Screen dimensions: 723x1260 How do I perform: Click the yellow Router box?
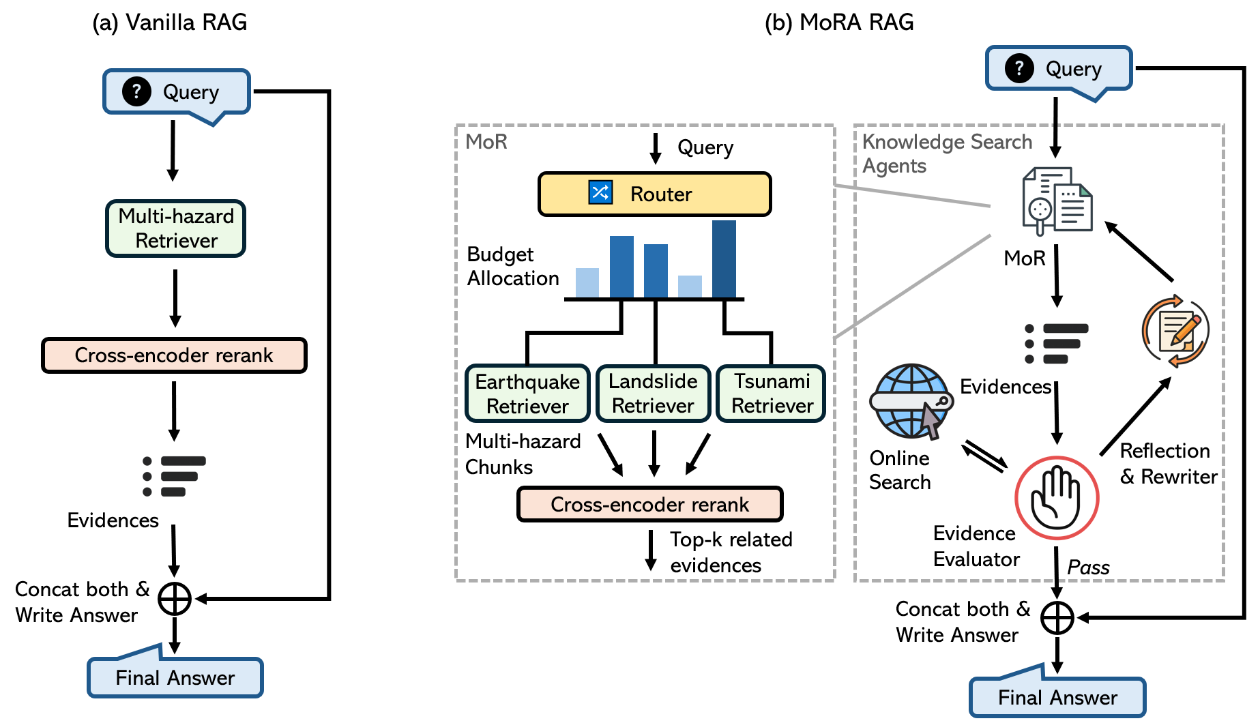point(654,194)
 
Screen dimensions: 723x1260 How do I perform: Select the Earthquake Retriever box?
point(527,394)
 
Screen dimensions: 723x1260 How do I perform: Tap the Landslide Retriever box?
point(653,394)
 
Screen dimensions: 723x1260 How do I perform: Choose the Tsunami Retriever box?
point(772,394)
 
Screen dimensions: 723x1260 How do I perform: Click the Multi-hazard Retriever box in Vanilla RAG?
point(175,228)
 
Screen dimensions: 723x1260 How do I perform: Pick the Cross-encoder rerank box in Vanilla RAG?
point(174,355)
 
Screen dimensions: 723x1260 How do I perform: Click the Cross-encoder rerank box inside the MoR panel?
point(649,504)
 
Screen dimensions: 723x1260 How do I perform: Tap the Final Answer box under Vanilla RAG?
point(175,677)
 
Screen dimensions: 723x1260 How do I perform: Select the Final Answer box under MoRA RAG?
point(1057,697)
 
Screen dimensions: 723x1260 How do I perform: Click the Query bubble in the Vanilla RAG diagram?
point(177,91)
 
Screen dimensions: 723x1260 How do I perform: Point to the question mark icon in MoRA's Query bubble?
point(1019,68)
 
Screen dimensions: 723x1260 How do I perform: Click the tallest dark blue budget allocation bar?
point(724,259)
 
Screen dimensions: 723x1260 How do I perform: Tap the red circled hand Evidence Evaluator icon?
point(1057,499)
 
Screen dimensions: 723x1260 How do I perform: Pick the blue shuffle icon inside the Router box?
point(600,192)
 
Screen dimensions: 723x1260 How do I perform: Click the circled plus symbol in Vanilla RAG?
point(175,599)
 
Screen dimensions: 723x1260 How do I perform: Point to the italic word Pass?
point(1088,567)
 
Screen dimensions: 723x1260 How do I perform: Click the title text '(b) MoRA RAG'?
point(838,23)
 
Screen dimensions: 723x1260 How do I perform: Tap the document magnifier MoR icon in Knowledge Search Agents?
point(1057,201)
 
